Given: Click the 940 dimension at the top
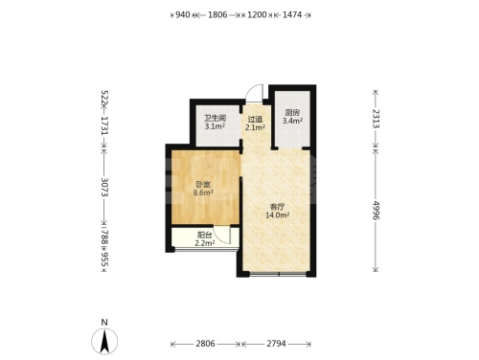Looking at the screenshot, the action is coord(183,14).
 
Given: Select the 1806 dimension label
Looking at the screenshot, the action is coord(217,14).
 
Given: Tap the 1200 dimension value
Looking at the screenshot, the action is coord(257,14).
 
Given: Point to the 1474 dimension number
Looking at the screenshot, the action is coord(292,14).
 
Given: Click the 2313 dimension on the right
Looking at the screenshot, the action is coord(376,119).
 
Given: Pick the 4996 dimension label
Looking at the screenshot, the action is coord(376,211).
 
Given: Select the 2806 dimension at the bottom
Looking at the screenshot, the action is coord(205,344).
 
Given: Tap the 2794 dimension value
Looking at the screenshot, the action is coord(276,344).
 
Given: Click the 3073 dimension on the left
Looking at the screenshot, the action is coord(104,187).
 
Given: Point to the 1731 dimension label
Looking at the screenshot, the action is coord(104,125).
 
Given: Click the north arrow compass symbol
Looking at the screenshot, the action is coord(104,341).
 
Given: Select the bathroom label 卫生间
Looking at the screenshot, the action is coord(215,119).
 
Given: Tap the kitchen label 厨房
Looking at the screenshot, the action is coord(292,113).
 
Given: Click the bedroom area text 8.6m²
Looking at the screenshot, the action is coord(203,192).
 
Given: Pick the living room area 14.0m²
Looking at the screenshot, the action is coord(278,214).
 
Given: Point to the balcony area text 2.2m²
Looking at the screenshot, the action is coord(205,243).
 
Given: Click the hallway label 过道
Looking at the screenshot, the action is coord(255,120).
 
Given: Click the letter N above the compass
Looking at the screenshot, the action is coord(104,323).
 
